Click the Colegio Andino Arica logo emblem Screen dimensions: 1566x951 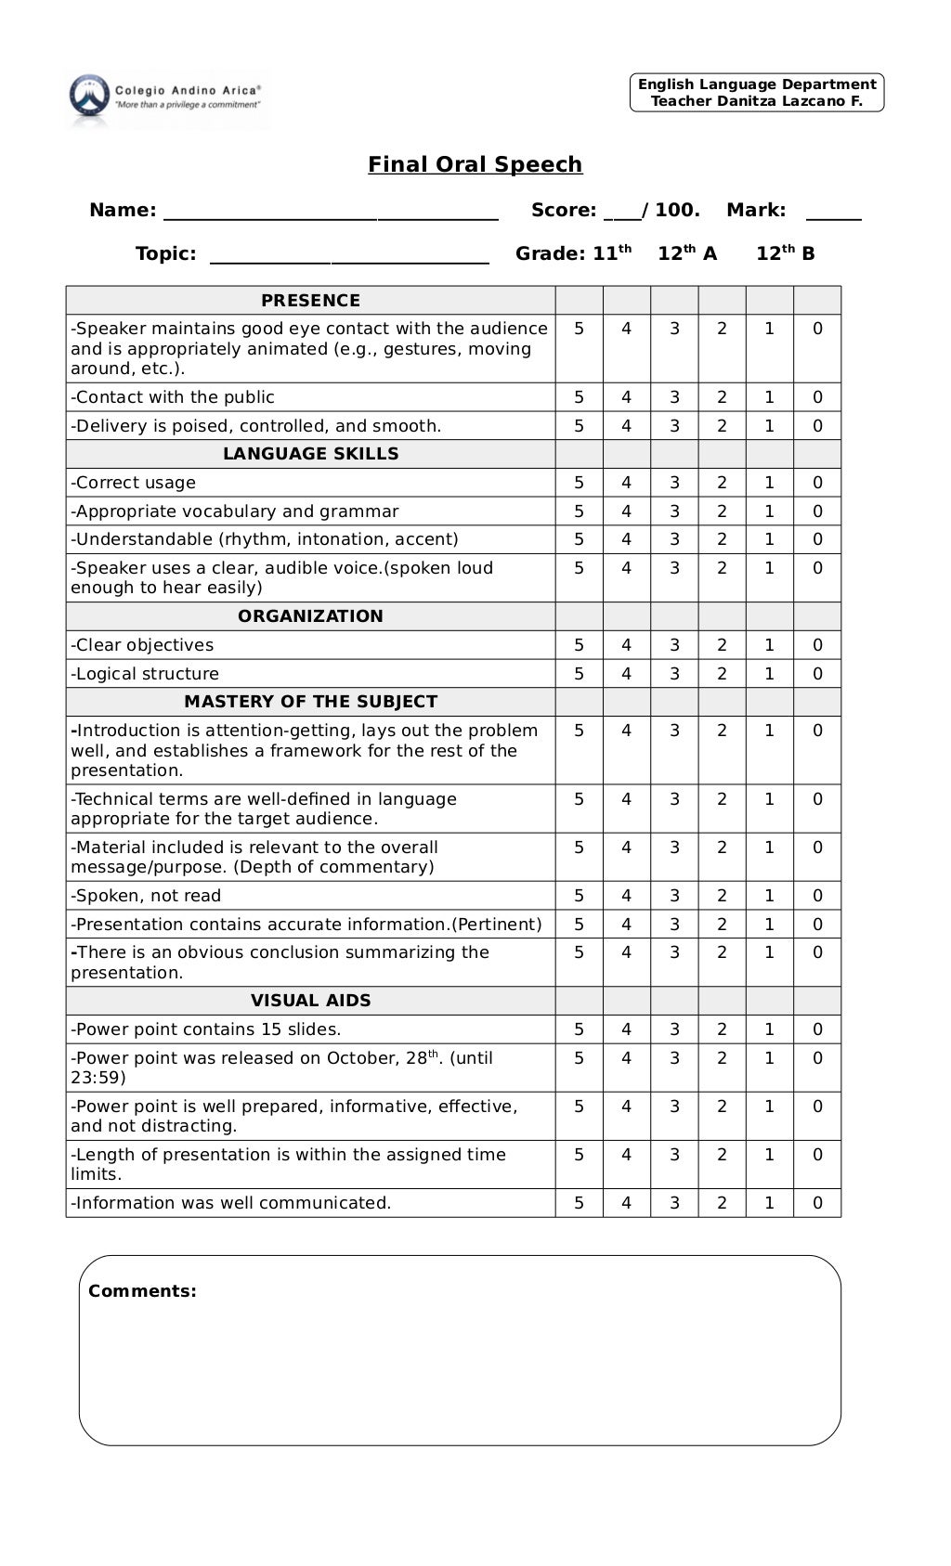tap(88, 97)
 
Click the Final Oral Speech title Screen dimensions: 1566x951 tap(475, 164)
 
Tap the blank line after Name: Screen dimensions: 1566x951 tap(331, 217)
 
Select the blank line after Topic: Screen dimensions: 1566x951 tap(349, 261)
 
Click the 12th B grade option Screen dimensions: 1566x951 tap(785, 253)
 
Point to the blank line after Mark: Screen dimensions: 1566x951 tap(833, 217)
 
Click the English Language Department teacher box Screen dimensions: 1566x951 tap(756, 93)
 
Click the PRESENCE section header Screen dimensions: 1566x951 tap(310, 301)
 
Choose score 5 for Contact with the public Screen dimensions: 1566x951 tap(579, 397)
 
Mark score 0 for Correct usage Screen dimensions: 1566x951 tap(817, 483)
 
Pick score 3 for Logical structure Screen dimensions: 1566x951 tap(674, 674)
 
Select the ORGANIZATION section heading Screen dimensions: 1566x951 tap(310, 616)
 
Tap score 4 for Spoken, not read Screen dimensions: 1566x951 tap(626, 896)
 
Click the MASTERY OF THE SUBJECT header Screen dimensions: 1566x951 tap(310, 702)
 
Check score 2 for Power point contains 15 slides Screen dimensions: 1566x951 tap(722, 1029)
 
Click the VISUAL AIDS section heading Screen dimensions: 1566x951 tap(310, 1001)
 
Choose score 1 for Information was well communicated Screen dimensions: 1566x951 tap(769, 1203)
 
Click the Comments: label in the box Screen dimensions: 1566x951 tap(142, 1291)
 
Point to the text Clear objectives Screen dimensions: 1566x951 tap(142, 645)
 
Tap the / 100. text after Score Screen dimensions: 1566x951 tap(671, 210)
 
